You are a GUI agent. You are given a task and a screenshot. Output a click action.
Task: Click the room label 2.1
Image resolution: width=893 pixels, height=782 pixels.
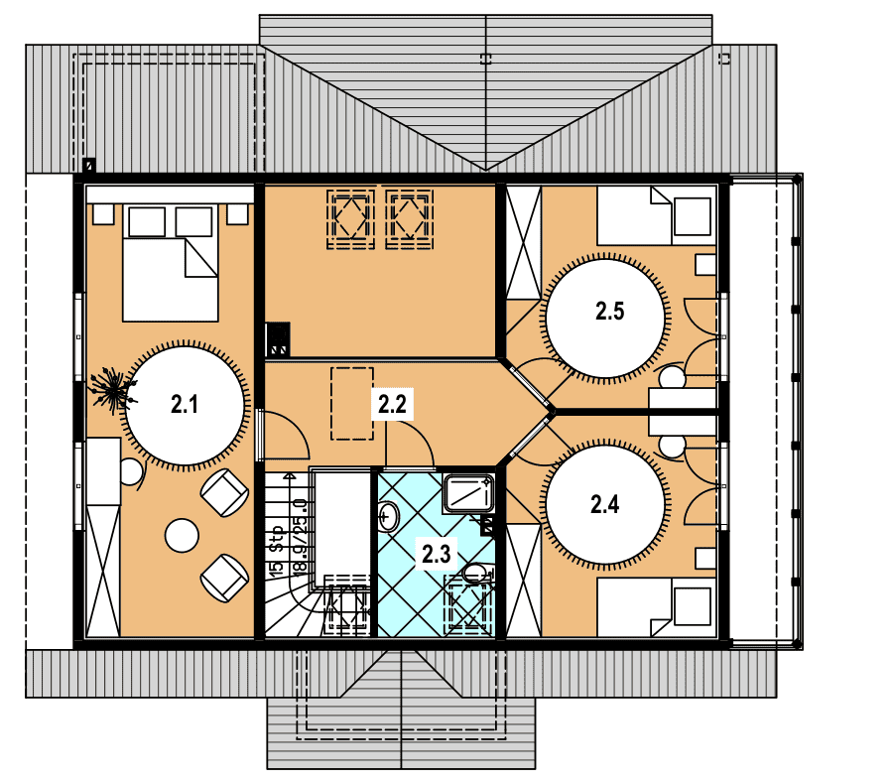point(185,404)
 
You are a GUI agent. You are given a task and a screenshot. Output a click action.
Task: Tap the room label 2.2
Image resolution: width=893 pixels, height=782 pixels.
point(392,404)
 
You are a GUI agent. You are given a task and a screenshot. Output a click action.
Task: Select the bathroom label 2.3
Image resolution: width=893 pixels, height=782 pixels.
point(437,554)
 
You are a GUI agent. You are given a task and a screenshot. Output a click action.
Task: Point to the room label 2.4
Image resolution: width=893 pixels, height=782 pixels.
point(605,504)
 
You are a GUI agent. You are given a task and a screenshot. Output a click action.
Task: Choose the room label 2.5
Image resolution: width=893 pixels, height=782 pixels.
point(610,312)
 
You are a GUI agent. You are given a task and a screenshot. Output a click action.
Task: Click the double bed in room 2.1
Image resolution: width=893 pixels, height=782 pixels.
point(171,263)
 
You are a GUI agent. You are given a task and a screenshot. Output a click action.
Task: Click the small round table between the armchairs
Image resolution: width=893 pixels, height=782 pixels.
point(182,535)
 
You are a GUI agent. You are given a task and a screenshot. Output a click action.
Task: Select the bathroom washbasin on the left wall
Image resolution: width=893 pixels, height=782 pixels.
point(389,517)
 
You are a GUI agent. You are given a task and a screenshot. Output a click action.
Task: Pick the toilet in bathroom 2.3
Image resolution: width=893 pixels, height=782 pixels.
point(476,573)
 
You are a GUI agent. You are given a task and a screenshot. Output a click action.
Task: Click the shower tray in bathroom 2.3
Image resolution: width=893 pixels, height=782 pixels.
point(468,493)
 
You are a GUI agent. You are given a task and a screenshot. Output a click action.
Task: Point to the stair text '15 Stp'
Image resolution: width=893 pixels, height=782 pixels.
point(276,550)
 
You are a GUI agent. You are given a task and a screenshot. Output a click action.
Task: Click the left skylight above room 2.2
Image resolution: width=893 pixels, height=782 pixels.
point(351,219)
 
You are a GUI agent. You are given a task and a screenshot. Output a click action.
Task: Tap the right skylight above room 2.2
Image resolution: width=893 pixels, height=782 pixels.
point(410,219)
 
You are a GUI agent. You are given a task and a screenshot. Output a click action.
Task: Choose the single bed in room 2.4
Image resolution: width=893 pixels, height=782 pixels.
point(657,607)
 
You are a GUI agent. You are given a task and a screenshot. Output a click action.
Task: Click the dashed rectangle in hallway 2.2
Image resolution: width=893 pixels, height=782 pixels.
point(352,403)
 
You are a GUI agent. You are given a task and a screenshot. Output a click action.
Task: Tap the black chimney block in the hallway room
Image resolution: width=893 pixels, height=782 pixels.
point(278,339)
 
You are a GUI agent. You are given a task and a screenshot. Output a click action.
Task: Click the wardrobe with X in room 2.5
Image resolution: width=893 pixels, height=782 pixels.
point(523,242)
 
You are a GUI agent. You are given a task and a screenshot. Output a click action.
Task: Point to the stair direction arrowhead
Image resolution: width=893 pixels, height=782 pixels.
point(290,474)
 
